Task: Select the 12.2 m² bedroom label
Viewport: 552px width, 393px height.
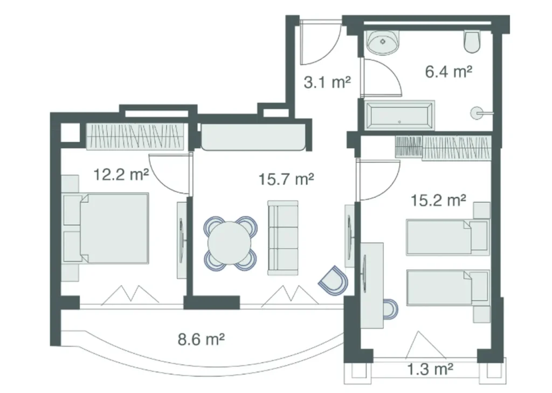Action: [x=121, y=175]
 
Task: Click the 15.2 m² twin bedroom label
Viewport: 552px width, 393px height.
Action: [x=438, y=201]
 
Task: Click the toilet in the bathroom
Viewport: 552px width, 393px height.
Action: [x=472, y=42]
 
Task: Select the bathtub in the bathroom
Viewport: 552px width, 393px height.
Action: [x=399, y=114]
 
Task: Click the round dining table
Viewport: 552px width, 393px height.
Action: [x=229, y=243]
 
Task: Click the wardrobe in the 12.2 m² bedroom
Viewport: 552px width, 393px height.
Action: [x=135, y=136]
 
